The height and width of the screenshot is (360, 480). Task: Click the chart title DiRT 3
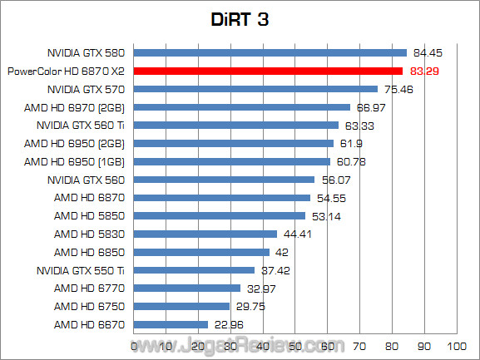tap(240, 18)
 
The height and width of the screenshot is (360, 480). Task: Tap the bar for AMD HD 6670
tap(171, 324)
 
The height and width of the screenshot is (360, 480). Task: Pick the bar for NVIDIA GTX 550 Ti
tap(194, 270)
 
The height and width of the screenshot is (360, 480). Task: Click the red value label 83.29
tap(423, 72)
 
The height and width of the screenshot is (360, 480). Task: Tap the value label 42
tap(283, 252)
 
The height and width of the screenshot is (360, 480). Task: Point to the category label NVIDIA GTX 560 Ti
tap(81, 126)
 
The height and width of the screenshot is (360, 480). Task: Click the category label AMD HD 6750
tap(89, 306)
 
